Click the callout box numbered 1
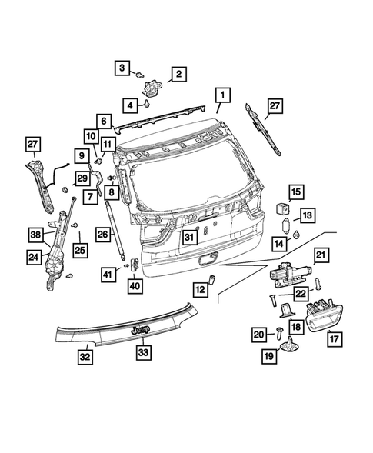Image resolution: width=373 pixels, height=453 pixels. [221, 95]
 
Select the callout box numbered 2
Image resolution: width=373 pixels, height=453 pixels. [178, 74]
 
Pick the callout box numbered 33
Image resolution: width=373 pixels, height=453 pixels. [144, 352]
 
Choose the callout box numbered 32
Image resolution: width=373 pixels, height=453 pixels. [85, 356]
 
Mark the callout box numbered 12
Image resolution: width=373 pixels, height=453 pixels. [201, 289]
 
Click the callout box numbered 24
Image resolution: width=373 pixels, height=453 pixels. [35, 258]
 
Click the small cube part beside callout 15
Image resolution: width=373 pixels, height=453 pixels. [282, 208]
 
